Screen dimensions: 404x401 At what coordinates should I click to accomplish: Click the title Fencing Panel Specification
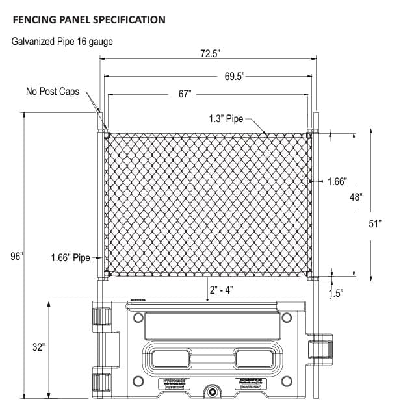tap(88, 19)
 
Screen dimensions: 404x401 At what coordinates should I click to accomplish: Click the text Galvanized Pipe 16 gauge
tap(62, 42)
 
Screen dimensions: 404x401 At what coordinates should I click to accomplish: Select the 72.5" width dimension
tap(209, 55)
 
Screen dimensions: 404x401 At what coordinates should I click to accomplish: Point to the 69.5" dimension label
tap(234, 76)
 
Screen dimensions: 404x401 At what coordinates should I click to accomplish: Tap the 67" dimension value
tap(185, 94)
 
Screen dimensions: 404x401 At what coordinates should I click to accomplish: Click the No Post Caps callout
tap(52, 92)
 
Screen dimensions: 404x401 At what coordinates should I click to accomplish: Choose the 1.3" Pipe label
tap(226, 119)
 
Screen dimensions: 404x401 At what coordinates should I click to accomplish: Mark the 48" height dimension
tap(356, 196)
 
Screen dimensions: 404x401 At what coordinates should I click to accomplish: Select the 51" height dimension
tap(374, 223)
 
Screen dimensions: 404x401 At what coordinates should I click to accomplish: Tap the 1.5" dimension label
tap(335, 293)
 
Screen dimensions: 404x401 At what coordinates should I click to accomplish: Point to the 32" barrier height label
tap(38, 347)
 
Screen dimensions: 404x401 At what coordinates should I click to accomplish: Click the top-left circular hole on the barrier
tap(138, 318)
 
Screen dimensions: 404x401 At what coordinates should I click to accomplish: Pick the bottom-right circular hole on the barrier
tap(283, 381)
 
